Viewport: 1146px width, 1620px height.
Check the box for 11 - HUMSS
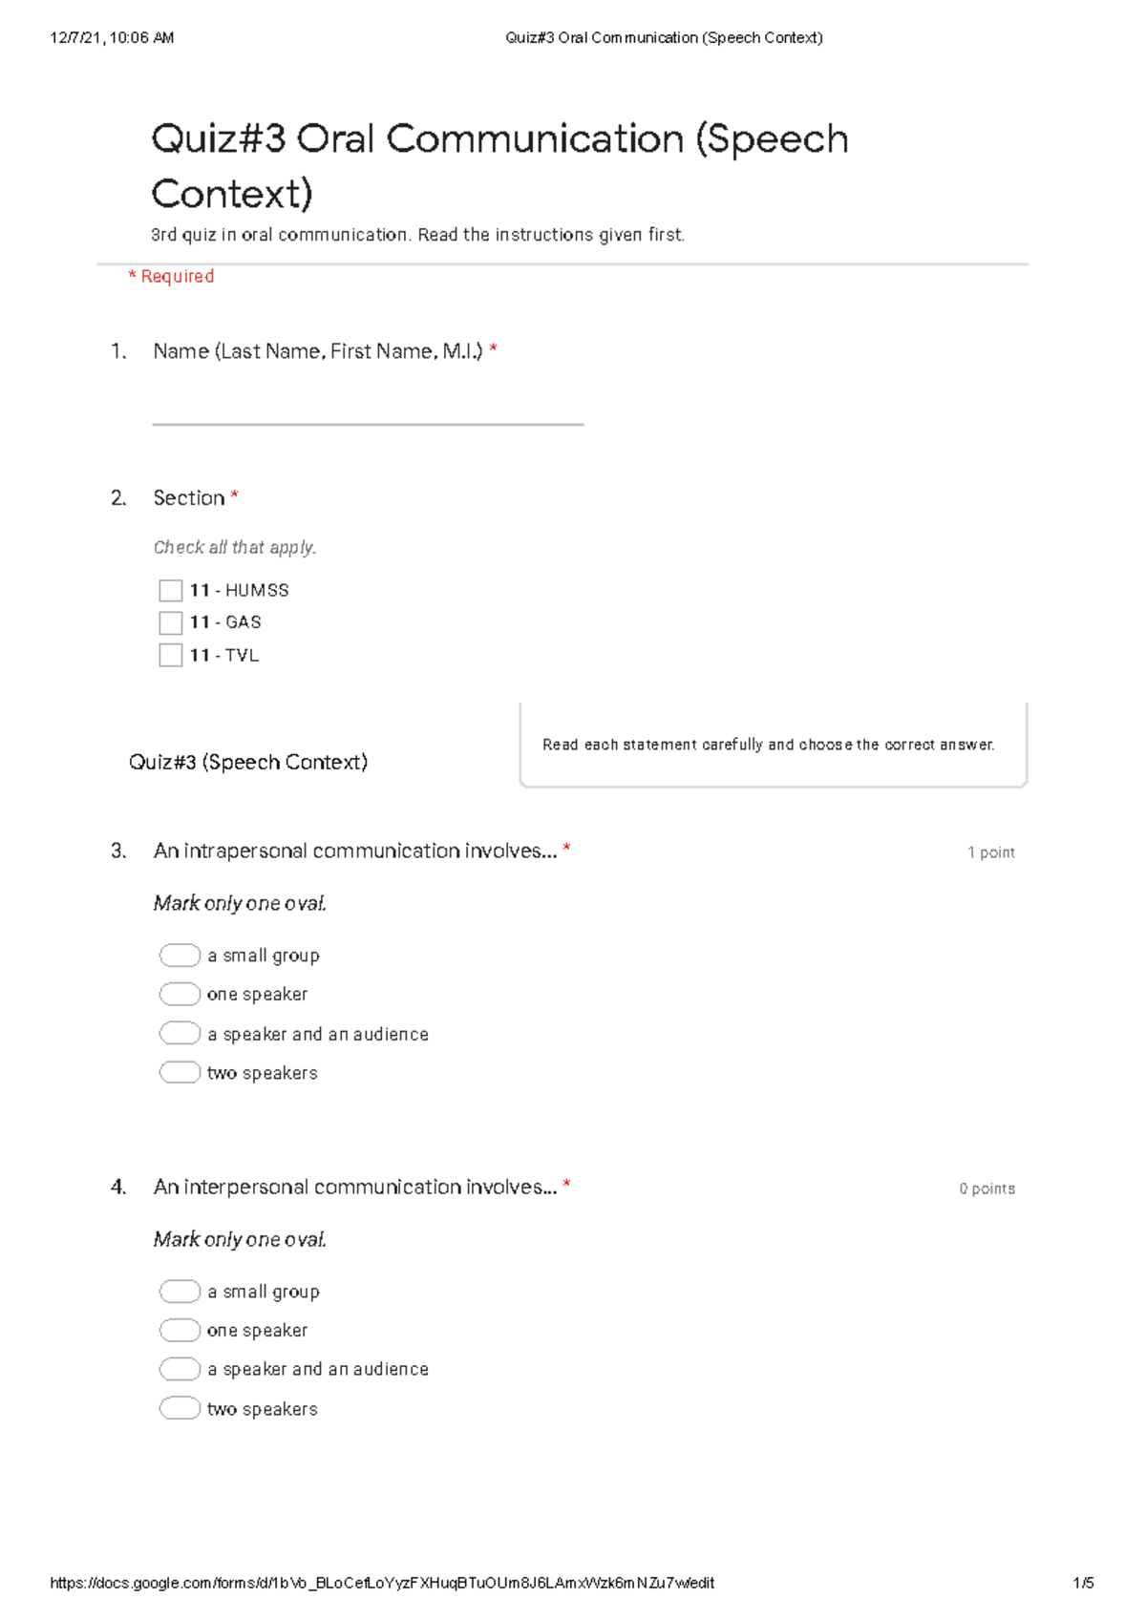coord(171,591)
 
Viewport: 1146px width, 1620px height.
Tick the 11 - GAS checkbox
coord(171,623)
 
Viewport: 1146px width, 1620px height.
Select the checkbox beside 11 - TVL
coord(171,656)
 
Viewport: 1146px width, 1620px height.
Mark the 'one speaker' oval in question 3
coord(180,995)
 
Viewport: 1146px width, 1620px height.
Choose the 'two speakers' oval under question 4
coord(180,1409)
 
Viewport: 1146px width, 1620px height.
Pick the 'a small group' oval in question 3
coord(180,956)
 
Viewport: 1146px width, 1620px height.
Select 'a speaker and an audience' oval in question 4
coord(180,1370)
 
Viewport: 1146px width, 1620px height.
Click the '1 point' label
coord(990,852)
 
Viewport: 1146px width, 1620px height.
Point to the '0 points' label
coord(987,1189)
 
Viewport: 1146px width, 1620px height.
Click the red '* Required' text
coord(172,277)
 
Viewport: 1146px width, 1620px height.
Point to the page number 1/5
coord(1083,1583)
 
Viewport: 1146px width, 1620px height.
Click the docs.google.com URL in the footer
coord(382,1583)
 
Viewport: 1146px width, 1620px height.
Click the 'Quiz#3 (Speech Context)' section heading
coord(248,762)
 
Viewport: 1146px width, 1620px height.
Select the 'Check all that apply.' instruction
coord(235,548)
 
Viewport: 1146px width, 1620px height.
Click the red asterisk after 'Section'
coord(235,496)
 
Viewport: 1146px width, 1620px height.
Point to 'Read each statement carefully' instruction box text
coord(768,745)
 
